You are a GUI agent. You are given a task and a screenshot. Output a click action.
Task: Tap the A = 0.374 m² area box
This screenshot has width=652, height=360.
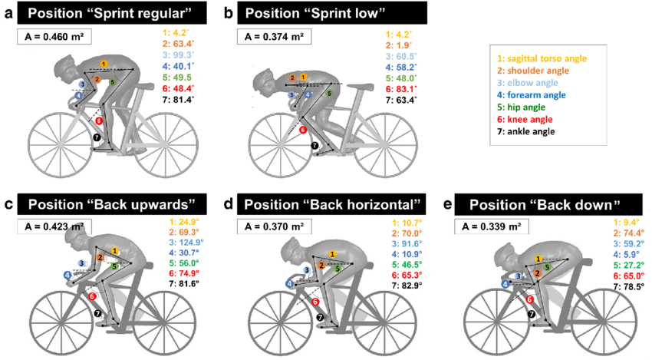[x=275, y=37]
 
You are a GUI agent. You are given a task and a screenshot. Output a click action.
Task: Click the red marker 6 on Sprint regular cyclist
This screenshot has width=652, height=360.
[x=98, y=121]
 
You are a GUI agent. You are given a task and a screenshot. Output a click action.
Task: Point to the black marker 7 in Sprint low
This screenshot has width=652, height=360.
[x=314, y=146]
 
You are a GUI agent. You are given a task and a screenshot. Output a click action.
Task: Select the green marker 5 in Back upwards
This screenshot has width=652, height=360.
[x=115, y=266]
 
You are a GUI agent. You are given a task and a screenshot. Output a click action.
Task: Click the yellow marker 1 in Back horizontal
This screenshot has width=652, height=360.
[x=332, y=254]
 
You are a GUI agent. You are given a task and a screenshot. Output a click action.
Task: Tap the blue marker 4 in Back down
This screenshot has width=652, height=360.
[x=505, y=285]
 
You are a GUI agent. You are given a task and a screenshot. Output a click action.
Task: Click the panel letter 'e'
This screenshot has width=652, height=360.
[x=447, y=204]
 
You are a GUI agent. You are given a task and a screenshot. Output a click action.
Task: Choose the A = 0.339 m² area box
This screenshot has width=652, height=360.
[x=492, y=226]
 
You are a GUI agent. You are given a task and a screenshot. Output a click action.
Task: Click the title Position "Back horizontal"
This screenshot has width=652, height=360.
[x=332, y=204]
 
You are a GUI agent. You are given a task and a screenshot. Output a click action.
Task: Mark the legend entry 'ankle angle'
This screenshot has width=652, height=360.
[x=526, y=131]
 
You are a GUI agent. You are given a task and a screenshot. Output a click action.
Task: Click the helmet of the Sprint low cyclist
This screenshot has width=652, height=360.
[x=267, y=78]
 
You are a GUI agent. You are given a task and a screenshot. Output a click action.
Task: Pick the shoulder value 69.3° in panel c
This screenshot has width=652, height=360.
[x=184, y=232]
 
